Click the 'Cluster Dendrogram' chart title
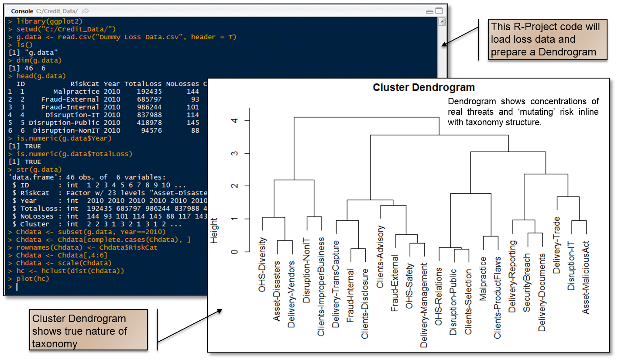[x=423, y=87]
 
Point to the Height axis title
[x=214, y=231]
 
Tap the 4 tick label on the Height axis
[x=234, y=120]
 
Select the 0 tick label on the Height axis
[x=234, y=252]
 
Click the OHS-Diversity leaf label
[x=262, y=264]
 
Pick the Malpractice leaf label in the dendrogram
[x=483, y=279]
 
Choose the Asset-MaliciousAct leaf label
[x=585, y=278]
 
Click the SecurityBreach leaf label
[x=527, y=283]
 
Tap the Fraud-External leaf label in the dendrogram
[x=395, y=283]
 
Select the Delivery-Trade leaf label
[x=556, y=245]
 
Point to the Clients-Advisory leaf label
[x=380, y=257]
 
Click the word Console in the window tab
[x=22, y=11]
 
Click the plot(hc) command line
[x=33, y=279]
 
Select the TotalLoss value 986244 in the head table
[x=149, y=107]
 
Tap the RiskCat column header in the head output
[x=85, y=84]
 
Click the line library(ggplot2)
[x=49, y=21]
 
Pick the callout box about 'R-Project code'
[x=547, y=39]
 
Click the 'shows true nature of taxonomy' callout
[x=89, y=330]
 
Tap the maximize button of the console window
[x=439, y=11]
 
